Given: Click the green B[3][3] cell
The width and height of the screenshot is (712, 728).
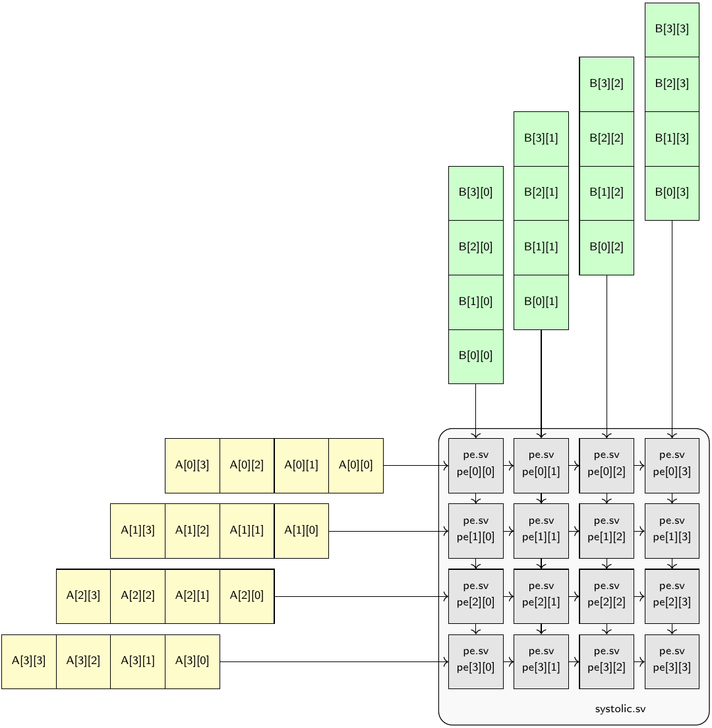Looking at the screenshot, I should (x=672, y=30).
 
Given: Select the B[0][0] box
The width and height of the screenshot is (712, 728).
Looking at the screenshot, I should (x=475, y=356).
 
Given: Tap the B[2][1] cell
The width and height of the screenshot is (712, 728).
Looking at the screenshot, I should (x=541, y=193).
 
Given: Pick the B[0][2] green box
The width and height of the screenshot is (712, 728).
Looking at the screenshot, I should (x=607, y=248).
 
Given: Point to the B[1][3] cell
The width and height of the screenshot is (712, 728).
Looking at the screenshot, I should (x=672, y=138).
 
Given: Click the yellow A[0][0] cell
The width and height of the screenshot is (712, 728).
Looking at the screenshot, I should (x=356, y=465).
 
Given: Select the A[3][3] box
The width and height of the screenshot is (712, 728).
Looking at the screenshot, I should (x=29, y=661).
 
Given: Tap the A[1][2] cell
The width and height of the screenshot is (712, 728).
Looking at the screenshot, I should (x=193, y=530).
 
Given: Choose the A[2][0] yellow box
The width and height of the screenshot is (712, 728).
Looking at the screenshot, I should (x=247, y=596).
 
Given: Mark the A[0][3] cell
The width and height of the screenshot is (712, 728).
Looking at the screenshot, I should (x=193, y=465).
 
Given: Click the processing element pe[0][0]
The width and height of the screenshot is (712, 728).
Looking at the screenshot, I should (x=475, y=465).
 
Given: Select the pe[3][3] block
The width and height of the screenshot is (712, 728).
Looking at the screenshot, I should (x=672, y=661).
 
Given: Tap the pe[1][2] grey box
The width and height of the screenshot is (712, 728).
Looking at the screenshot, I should (x=607, y=530).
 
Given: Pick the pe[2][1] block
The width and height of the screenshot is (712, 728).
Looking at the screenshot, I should (x=541, y=596).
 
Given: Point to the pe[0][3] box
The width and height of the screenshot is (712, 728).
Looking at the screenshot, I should (x=672, y=465).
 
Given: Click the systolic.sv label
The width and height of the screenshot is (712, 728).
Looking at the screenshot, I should (x=620, y=710).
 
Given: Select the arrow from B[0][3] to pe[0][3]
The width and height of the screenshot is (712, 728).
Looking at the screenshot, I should (x=672, y=329).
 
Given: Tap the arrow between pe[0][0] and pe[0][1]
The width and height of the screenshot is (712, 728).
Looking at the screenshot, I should (x=508, y=465).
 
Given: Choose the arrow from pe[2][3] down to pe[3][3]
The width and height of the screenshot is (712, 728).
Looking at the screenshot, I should (x=672, y=629).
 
